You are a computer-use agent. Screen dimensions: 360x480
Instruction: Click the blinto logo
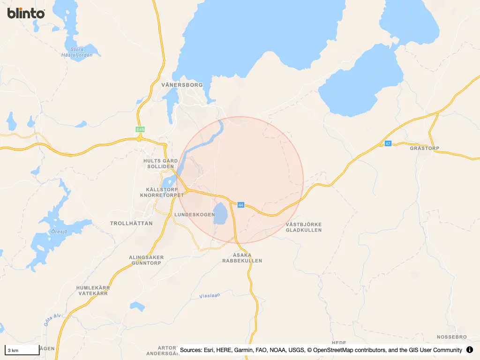coord(26,13)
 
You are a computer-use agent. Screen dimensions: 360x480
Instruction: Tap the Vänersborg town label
coord(182,85)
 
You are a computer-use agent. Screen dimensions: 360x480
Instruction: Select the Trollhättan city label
coord(131,224)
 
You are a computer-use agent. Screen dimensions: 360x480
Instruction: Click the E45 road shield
coord(139,129)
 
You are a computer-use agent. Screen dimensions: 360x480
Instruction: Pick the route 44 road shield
coord(241,205)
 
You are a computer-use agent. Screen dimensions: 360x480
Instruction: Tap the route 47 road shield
coord(388,143)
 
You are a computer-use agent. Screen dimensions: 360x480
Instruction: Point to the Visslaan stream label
coord(210,296)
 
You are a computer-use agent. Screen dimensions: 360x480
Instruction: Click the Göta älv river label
coord(52,320)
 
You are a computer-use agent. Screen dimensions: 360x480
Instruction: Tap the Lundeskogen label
coord(195,214)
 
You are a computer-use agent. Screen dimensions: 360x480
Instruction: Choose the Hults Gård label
coord(160,161)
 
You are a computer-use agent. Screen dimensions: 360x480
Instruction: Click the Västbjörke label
coord(303,224)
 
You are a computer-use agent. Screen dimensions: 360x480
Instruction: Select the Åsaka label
coord(242,255)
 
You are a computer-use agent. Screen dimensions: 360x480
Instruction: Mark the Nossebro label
coord(452,337)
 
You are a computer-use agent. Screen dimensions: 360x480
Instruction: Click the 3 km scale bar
coord(22,350)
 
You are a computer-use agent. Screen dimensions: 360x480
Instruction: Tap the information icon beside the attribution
coord(470,350)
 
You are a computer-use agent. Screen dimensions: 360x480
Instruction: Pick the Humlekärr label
coord(93,287)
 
